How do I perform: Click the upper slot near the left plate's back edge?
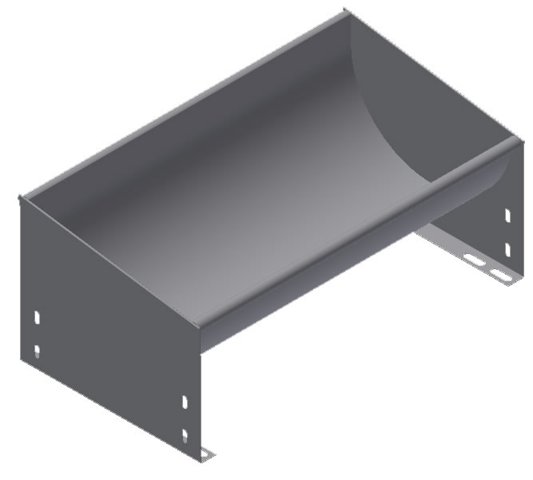[37, 317]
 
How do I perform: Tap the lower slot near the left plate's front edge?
[185, 435]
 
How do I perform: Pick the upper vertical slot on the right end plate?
[507, 215]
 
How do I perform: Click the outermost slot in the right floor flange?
[501, 276]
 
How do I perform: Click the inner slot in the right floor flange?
[474, 260]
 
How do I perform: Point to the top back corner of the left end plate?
[22, 195]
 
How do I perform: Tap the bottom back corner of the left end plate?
[22, 359]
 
